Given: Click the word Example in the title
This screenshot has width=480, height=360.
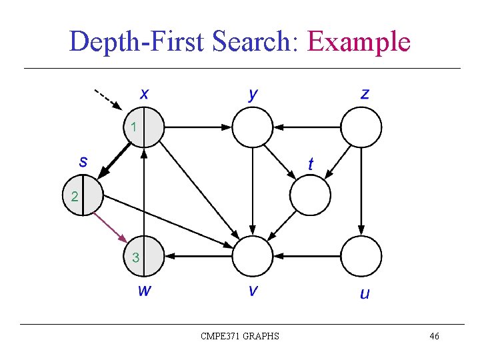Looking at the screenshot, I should click(x=358, y=41).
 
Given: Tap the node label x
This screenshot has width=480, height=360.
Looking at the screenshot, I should click(x=144, y=93).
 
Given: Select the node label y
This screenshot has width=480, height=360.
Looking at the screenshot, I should click(x=253, y=94).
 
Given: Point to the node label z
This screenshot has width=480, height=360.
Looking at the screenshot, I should click(x=365, y=93).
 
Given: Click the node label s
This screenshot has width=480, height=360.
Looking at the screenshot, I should click(x=83, y=161).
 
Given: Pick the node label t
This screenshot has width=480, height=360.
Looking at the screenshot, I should click(x=311, y=163).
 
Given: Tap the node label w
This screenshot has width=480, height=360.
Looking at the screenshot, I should click(x=144, y=290).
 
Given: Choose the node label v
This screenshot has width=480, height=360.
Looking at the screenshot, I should click(x=253, y=291).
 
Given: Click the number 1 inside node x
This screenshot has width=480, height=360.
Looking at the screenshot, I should click(x=134, y=126).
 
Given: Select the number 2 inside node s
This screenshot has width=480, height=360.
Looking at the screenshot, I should click(x=73, y=196).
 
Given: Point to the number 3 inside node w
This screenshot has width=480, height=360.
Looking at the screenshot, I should click(x=135, y=257).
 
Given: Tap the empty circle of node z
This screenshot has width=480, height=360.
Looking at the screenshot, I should click(x=361, y=127).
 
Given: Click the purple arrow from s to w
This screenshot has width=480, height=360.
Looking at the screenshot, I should click(x=109, y=227).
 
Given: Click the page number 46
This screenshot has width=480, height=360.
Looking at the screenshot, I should click(x=434, y=336).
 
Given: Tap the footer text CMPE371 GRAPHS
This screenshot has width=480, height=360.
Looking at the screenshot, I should click(x=240, y=336).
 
